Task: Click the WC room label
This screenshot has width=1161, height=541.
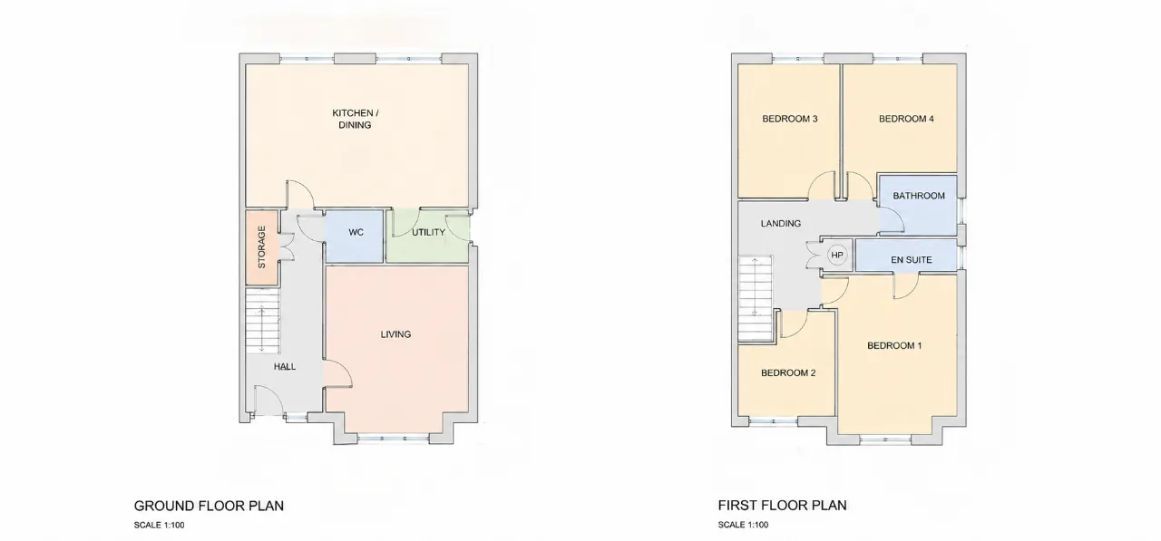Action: [356, 233]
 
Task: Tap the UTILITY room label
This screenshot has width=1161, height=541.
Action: [428, 233]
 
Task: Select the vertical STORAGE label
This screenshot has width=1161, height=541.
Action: [262, 247]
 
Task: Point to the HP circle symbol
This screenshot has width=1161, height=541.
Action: [836, 255]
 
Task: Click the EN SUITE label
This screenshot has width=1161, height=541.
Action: [912, 260]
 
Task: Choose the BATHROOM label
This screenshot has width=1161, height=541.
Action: [919, 196]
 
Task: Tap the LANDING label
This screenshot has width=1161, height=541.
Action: [781, 224]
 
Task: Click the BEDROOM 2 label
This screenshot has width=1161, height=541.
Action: [788, 372]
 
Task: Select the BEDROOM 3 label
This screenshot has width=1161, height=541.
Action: [789, 119]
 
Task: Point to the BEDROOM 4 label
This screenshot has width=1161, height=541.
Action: [906, 119]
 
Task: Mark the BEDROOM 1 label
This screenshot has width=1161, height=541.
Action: [894, 346]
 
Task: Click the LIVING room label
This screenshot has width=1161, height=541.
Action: [395, 334]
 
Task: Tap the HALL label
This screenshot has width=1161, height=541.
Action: [285, 366]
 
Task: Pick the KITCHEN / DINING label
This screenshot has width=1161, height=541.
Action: [355, 119]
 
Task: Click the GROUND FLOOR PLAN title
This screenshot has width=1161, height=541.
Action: [209, 506]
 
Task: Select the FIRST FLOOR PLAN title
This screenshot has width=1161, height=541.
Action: [782, 506]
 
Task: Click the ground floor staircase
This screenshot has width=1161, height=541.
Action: [262, 321]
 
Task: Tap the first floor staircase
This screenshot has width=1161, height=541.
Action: [756, 298]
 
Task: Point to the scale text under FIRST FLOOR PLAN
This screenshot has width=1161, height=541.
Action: [743, 525]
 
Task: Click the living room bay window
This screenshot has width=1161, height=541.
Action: [394, 439]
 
